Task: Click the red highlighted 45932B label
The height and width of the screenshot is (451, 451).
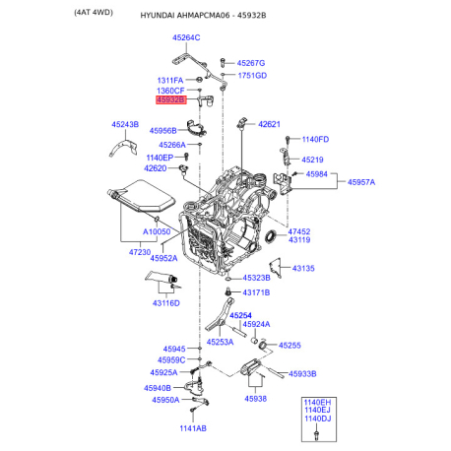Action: tap(171, 99)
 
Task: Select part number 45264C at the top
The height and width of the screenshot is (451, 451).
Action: tap(186, 37)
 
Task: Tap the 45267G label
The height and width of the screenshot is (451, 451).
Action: tap(251, 63)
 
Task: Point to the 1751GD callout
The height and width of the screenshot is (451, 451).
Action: tap(252, 76)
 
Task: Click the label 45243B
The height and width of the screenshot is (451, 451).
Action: tap(125, 124)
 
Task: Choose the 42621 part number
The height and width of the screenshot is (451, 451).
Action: tap(269, 124)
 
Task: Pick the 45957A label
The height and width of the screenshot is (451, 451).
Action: tap(361, 182)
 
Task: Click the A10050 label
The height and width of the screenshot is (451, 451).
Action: tap(157, 231)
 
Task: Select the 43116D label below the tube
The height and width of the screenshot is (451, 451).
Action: tap(166, 303)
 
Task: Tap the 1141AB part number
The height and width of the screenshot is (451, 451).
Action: tap(193, 428)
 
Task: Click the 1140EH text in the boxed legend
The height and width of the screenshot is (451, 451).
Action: tap(317, 403)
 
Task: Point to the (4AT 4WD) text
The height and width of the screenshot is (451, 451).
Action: tap(94, 13)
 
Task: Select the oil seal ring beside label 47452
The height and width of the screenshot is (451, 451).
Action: tap(271, 237)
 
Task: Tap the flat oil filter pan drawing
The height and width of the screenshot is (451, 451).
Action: tap(142, 196)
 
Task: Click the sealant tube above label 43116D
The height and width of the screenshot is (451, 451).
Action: tap(161, 277)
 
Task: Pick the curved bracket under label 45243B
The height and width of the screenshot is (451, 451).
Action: tap(123, 148)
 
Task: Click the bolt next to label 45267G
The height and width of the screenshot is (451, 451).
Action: tap(223, 63)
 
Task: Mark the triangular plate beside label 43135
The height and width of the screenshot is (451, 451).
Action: tap(276, 268)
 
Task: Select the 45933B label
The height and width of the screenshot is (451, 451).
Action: tap(302, 373)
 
